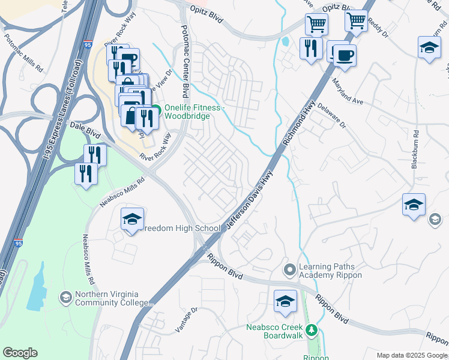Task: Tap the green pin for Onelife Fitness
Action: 155,109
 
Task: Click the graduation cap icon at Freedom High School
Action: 132,219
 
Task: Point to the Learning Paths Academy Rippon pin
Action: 290,269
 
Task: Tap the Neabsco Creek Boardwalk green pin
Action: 311,329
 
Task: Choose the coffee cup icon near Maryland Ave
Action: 344,55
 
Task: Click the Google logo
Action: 20,353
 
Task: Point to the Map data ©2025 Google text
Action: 412,355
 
